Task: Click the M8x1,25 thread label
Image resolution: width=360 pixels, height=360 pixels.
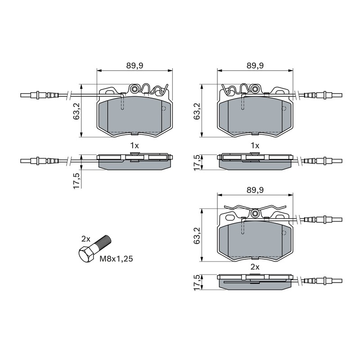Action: click(116, 259)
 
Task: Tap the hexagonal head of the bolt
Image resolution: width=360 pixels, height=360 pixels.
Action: click(86, 255)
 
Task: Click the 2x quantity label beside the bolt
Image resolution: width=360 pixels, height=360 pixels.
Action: click(86, 239)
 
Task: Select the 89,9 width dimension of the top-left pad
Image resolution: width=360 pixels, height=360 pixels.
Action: click(135, 66)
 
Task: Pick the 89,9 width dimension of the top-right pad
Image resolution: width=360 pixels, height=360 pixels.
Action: click(255, 66)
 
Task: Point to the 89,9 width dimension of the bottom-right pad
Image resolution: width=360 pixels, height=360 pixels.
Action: click(255, 190)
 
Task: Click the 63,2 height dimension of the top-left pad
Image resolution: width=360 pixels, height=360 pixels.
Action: click(76, 111)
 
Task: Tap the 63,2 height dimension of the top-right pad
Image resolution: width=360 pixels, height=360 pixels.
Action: click(197, 111)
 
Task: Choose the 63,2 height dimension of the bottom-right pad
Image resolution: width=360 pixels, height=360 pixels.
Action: click(197, 235)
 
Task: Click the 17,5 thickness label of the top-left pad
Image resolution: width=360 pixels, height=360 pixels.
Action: click(76, 181)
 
